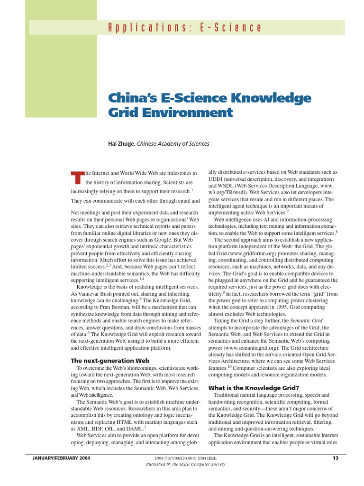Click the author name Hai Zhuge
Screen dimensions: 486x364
tap(121, 143)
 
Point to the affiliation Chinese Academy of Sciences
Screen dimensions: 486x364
tap(173, 143)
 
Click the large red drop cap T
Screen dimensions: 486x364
tap(77, 178)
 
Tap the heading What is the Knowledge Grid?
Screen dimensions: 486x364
tap(254, 388)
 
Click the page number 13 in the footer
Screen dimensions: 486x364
tap(335, 458)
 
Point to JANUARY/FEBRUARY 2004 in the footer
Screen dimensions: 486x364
tap(61, 458)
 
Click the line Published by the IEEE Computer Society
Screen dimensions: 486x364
tap(185, 464)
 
